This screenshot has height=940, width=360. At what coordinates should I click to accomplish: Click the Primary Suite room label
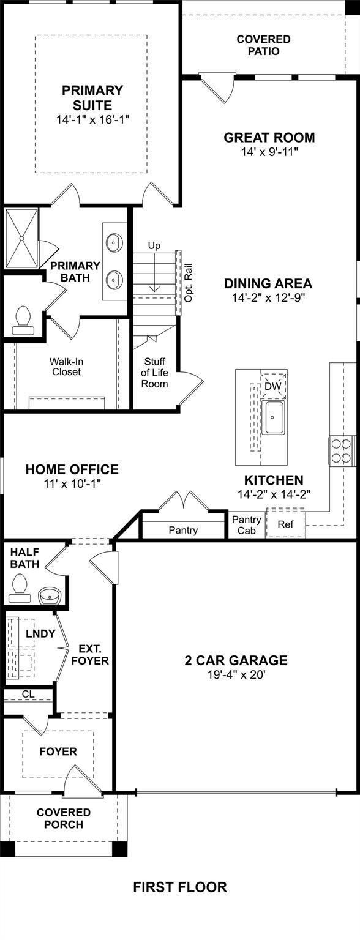pos(92,97)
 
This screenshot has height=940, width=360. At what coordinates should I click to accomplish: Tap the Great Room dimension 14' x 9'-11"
pos(269,152)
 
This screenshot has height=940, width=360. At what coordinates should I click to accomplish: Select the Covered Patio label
pos(263,45)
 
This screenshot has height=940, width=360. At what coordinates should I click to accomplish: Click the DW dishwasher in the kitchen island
pos(274,385)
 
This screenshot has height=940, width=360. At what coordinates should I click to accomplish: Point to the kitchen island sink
pos(273,417)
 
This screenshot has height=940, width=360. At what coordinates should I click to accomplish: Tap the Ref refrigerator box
pos(285,523)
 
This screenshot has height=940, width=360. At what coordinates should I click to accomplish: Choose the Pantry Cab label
pos(246,525)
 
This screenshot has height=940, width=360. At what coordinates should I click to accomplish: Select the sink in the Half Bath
pos(50,595)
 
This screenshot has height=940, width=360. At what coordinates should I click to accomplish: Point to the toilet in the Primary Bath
pos(22,320)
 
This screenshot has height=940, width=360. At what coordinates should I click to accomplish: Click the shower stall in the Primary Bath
pos(21,239)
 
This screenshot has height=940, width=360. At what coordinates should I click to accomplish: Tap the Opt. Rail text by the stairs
pos(188,282)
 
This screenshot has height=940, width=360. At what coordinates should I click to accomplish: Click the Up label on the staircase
pos(154,246)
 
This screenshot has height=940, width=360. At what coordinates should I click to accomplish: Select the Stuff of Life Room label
pos(154,372)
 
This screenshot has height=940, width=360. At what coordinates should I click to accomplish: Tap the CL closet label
pos(28,695)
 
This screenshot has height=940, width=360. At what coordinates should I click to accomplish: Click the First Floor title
pos(180,887)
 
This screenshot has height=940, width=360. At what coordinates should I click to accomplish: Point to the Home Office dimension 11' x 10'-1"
pos(73,483)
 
